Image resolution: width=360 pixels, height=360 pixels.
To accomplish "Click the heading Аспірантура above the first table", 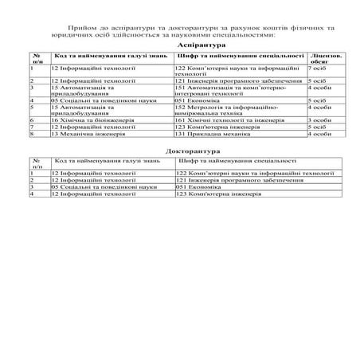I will point(179,47).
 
